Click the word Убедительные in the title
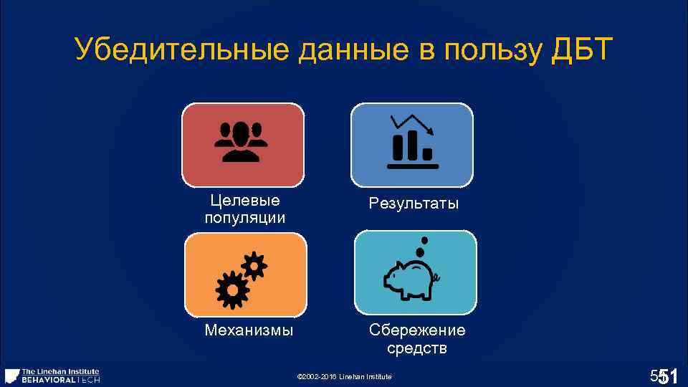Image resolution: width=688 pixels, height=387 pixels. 166,50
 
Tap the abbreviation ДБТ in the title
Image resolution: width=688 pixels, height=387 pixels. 583,50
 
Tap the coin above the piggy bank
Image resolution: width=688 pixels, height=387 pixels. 424,241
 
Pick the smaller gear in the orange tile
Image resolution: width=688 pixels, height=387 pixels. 254,267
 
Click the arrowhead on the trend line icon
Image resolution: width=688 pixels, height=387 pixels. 430,130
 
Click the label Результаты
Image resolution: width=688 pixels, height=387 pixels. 414,204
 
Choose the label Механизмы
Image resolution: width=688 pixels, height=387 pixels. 249,330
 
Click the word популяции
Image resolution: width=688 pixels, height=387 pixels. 244,217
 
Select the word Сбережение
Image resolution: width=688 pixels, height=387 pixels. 416,330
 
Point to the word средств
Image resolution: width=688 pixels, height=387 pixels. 416,348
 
